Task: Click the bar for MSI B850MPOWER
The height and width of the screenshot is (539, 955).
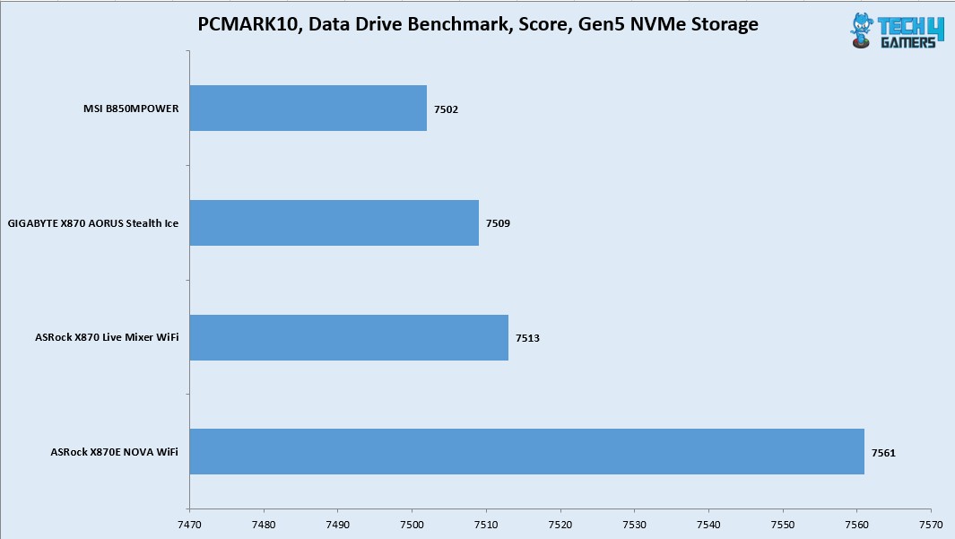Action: point(308,109)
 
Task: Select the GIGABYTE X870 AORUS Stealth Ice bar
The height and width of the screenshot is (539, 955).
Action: point(334,222)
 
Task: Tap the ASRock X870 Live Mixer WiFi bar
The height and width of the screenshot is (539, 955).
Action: point(349,337)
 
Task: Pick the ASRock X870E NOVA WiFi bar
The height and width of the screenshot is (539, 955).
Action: point(526,451)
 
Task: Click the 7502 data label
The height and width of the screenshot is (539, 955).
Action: point(447,109)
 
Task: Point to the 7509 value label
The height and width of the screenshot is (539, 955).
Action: point(499,223)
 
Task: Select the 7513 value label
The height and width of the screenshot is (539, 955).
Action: point(527,338)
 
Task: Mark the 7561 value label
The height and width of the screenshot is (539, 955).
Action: point(883,453)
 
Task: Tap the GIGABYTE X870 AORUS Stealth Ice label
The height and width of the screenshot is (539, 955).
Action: point(92,223)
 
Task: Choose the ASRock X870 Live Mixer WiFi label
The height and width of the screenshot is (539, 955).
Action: point(105,338)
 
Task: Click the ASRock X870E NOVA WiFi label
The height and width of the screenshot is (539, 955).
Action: point(115,452)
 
